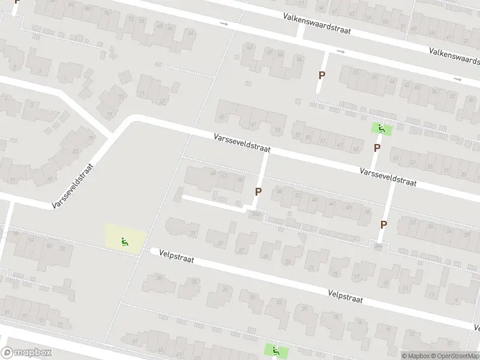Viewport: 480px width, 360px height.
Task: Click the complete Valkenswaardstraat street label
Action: pos(317,22)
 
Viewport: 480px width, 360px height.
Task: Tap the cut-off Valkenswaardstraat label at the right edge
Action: pos(454,56)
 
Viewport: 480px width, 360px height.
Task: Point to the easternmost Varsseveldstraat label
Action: pos(388,178)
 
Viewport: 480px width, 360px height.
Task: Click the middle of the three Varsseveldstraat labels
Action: pos(242,143)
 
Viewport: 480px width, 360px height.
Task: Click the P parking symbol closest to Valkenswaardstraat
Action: pos(322,75)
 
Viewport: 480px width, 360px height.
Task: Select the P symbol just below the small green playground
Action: pos(377,148)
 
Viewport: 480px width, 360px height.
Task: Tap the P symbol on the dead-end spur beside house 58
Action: pos(259,192)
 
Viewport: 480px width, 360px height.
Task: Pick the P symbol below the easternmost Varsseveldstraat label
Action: pos(383,224)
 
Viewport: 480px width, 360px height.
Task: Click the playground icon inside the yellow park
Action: pos(125,242)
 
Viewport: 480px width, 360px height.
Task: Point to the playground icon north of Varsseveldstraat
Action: pos(381,128)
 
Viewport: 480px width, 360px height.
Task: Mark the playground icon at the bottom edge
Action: pos(275,350)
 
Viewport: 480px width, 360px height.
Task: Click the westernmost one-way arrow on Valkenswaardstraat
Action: pos(224,24)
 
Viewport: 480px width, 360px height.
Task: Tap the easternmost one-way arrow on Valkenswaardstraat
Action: pos(458,79)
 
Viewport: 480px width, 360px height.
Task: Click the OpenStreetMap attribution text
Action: pos(455,356)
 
